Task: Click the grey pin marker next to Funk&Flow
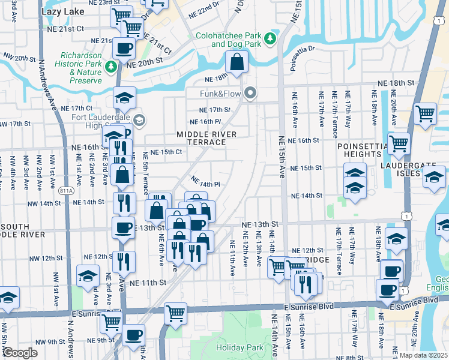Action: coord(251,93)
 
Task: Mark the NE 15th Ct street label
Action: coord(166,152)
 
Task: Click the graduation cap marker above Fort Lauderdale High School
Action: coord(124,97)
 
